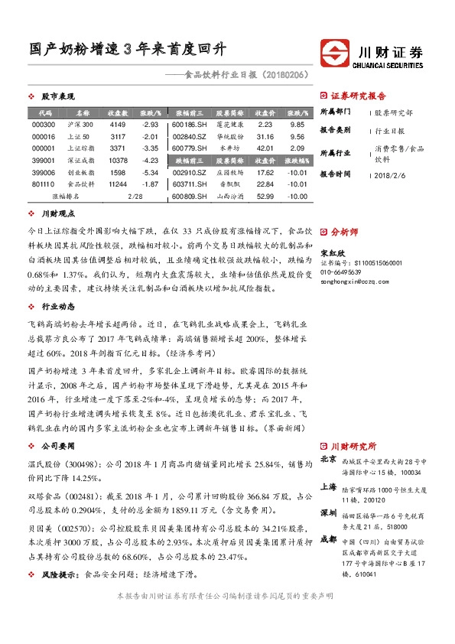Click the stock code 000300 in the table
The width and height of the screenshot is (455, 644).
(44, 124)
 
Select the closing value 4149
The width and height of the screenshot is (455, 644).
(117, 124)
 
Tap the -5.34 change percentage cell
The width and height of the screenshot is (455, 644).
(150, 173)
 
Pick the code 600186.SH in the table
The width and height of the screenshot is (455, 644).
(187, 124)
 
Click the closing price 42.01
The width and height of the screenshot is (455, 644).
(265, 148)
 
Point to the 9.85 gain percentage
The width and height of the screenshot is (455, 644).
(298, 124)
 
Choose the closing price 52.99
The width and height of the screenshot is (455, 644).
(265, 197)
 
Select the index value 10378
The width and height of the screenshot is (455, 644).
(118, 161)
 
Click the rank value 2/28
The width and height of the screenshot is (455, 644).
(136, 197)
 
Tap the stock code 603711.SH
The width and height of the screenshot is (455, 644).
(187, 184)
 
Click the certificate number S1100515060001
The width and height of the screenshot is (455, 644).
(360, 262)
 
